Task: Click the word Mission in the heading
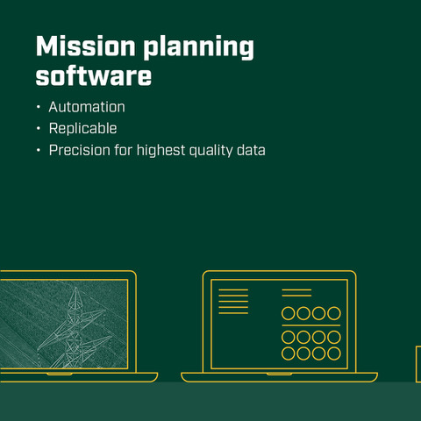(x=85, y=46)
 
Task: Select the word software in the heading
(x=94, y=76)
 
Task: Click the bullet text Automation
(x=87, y=107)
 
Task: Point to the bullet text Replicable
(x=83, y=129)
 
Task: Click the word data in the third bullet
(x=251, y=150)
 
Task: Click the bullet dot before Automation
(x=39, y=107)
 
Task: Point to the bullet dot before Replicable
(x=39, y=129)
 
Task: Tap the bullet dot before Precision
(x=39, y=150)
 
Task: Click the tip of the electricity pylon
(x=75, y=288)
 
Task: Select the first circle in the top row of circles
(x=289, y=313)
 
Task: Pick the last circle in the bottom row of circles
(x=334, y=353)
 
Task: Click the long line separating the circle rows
(x=311, y=325)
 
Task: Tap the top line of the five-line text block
(x=233, y=289)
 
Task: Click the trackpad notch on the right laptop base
(x=279, y=374)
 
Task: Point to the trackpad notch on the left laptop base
(x=60, y=374)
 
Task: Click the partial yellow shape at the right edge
(x=418, y=364)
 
